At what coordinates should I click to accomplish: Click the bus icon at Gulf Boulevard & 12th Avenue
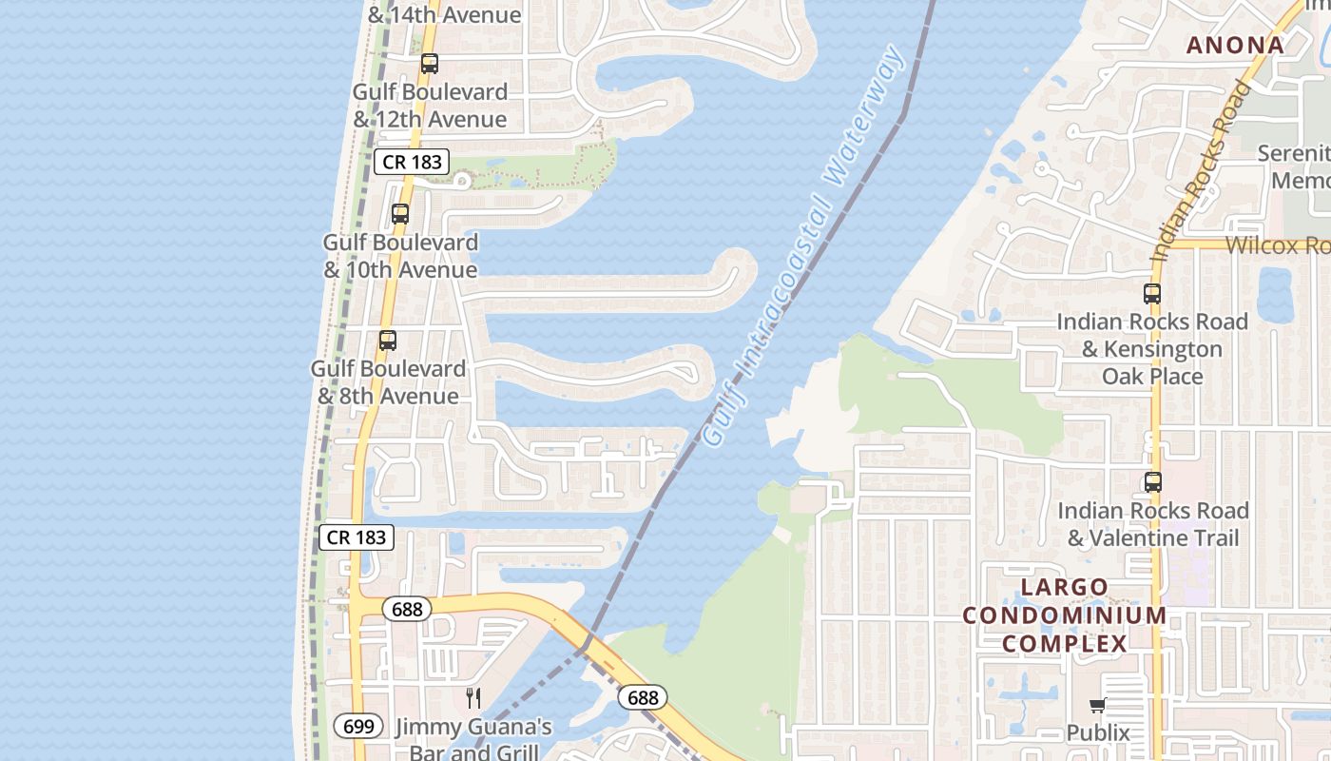(x=430, y=64)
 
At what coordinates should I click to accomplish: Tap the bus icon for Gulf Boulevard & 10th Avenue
(x=400, y=214)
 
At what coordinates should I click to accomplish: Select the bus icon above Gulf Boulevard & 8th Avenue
(x=388, y=341)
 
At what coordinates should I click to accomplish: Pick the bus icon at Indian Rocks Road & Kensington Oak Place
(x=1152, y=294)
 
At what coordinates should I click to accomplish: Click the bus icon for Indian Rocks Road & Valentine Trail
(x=1153, y=482)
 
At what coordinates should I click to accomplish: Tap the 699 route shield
(x=358, y=727)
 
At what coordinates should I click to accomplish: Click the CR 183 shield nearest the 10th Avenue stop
(x=412, y=162)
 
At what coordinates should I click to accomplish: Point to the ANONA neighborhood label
(x=1235, y=45)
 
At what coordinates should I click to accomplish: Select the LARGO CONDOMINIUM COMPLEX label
(x=1065, y=615)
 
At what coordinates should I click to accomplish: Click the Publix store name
(x=1098, y=732)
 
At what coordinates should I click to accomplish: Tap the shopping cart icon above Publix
(x=1098, y=705)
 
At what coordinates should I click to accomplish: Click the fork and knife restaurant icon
(x=473, y=698)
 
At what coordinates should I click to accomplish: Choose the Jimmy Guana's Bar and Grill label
(x=473, y=740)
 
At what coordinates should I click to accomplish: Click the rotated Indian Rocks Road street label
(x=1201, y=171)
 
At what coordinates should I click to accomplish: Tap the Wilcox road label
(x=1277, y=245)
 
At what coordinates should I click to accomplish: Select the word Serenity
(x=1293, y=153)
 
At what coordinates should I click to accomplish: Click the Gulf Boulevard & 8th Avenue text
(x=388, y=381)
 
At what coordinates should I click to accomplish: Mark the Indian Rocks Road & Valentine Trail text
(x=1153, y=524)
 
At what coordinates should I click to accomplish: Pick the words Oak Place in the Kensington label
(x=1152, y=376)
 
